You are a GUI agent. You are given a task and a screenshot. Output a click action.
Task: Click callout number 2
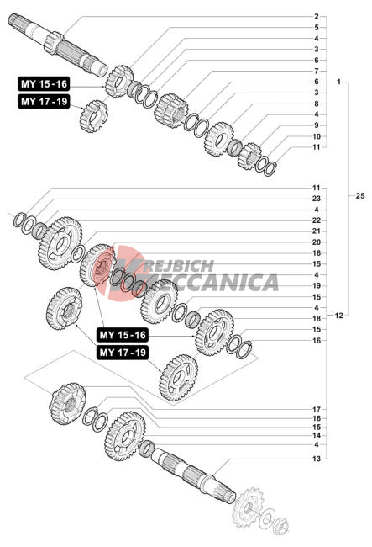click(x=316, y=16)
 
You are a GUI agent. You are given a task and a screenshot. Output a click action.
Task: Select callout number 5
click(x=317, y=27)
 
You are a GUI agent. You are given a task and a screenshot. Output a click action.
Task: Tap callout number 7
click(x=317, y=71)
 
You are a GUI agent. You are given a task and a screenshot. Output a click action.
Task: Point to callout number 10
click(x=317, y=136)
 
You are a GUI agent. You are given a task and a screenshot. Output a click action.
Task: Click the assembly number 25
click(x=359, y=196)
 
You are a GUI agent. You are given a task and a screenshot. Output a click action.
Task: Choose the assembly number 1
click(x=338, y=82)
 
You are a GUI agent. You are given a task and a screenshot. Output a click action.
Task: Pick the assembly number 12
click(x=338, y=316)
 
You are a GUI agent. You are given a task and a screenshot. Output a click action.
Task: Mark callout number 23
click(x=316, y=199)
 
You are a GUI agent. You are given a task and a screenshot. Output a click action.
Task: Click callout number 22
click(x=316, y=220)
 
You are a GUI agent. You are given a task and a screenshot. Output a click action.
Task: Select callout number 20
click(x=316, y=242)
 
